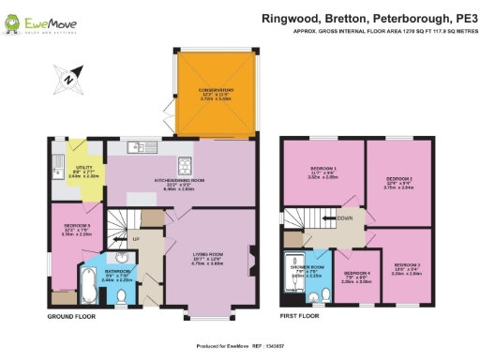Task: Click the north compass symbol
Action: [68, 79]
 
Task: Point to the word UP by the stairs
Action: [138, 240]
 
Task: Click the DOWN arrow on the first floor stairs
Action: [329, 217]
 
